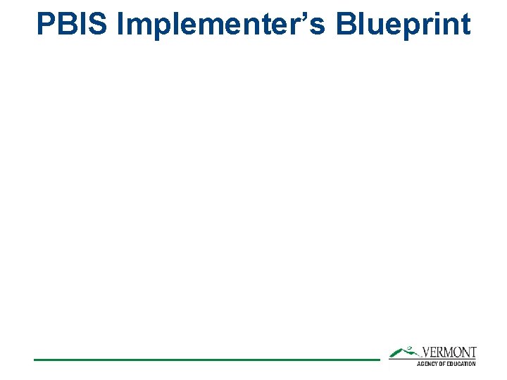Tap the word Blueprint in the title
click(x=403, y=24)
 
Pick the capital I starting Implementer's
click(x=122, y=24)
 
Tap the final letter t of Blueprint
click(x=465, y=24)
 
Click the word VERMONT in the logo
click(x=449, y=352)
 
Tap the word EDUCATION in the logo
click(x=461, y=364)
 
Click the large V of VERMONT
click(x=426, y=352)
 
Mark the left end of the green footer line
click(x=35, y=360)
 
